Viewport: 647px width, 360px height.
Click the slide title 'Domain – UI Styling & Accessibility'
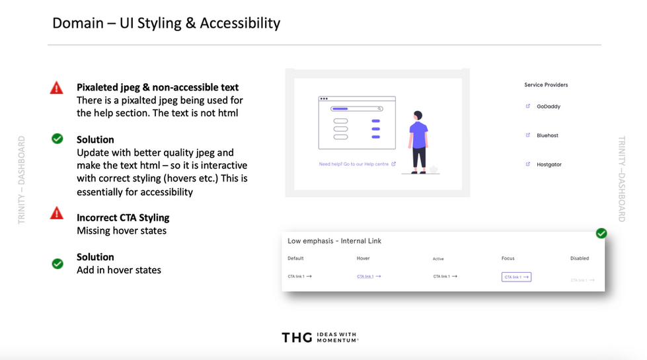[x=166, y=23]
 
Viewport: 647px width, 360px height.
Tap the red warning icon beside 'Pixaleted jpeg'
[x=57, y=87]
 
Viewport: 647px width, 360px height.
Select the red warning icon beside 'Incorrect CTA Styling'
[x=57, y=213]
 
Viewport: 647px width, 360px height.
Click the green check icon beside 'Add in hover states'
[x=57, y=264]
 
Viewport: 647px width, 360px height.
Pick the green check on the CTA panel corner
[x=601, y=233]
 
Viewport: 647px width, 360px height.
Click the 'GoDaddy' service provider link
[x=548, y=106]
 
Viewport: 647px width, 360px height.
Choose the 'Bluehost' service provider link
[x=547, y=135]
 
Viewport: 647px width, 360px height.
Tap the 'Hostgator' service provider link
[x=549, y=164]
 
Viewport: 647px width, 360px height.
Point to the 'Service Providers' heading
[x=546, y=85]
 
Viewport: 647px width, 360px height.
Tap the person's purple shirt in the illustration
[x=418, y=134]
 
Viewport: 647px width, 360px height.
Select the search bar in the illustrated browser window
[x=357, y=108]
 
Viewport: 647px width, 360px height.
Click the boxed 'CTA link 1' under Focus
[x=516, y=277]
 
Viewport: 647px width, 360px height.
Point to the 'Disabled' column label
[x=580, y=258]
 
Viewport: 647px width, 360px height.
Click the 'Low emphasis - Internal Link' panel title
[x=334, y=241]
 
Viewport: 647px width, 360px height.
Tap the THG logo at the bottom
[x=295, y=338]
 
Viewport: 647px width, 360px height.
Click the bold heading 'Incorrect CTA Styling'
[x=123, y=218]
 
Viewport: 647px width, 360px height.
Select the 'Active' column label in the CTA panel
[x=438, y=259]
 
